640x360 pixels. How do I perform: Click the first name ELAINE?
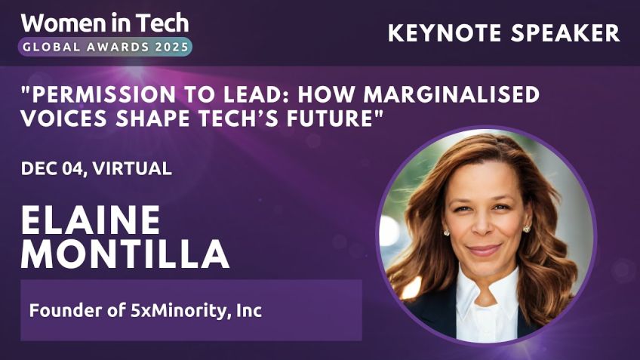(91, 220)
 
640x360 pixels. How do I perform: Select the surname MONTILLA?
(125, 255)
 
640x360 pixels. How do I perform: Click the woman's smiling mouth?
(485, 250)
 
